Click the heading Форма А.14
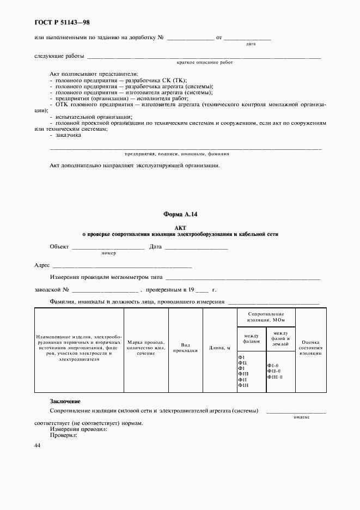coord(180,215)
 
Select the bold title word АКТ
coord(180,227)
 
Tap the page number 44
coord(38,445)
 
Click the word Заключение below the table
coord(65,401)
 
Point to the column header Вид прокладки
coord(185,348)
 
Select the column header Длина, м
coord(219,348)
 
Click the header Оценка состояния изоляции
coord(310,347)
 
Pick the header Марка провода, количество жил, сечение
coord(146,348)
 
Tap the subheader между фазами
coord(252,338)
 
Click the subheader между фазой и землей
coord(280,338)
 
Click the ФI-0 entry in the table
coord(273,366)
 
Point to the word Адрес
coord(42,266)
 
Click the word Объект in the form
coord(59,247)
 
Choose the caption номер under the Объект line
coord(109,253)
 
